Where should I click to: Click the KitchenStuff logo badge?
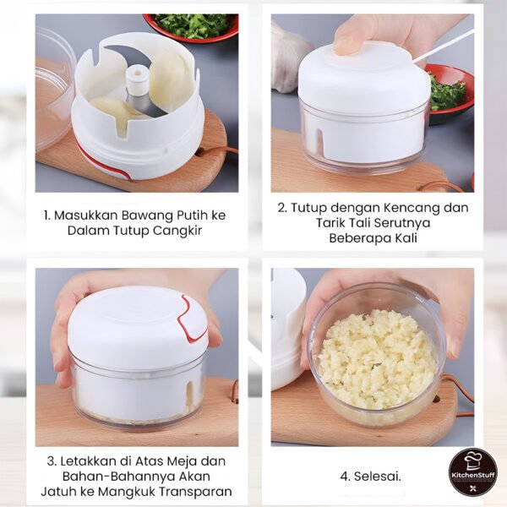tap(472, 472)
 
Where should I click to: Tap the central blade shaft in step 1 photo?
tap(137, 84)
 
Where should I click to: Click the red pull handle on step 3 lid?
tap(193, 319)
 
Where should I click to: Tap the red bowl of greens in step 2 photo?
tap(449, 90)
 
